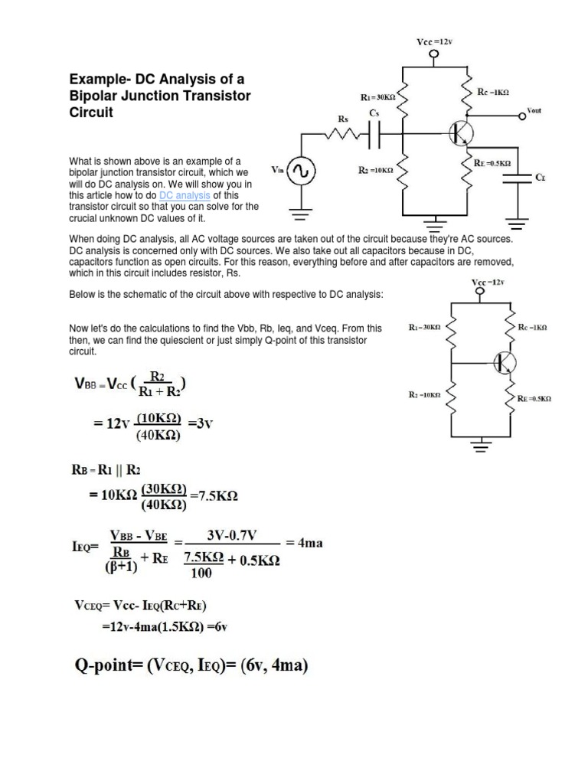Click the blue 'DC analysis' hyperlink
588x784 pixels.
[x=185, y=195]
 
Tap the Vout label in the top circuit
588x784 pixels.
[x=534, y=110]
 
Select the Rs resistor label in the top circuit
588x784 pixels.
[x=343, y=119]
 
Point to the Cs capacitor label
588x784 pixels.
[x=374, y=113]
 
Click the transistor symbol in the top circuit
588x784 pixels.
[x=462, y=132]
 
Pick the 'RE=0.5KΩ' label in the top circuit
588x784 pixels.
[x=492, y=163]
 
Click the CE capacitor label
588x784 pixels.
[x=541, y=177]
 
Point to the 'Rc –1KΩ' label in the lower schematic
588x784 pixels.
[x=533, y=327]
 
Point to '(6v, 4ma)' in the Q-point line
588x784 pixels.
[x=264, y=666]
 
